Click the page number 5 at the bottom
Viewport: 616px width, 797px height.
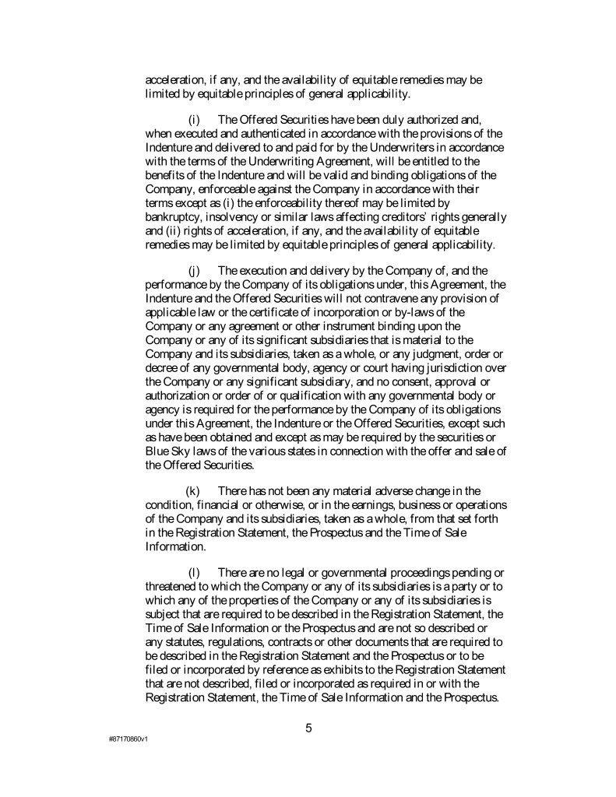pyautogui.click(x=308, y=729)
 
